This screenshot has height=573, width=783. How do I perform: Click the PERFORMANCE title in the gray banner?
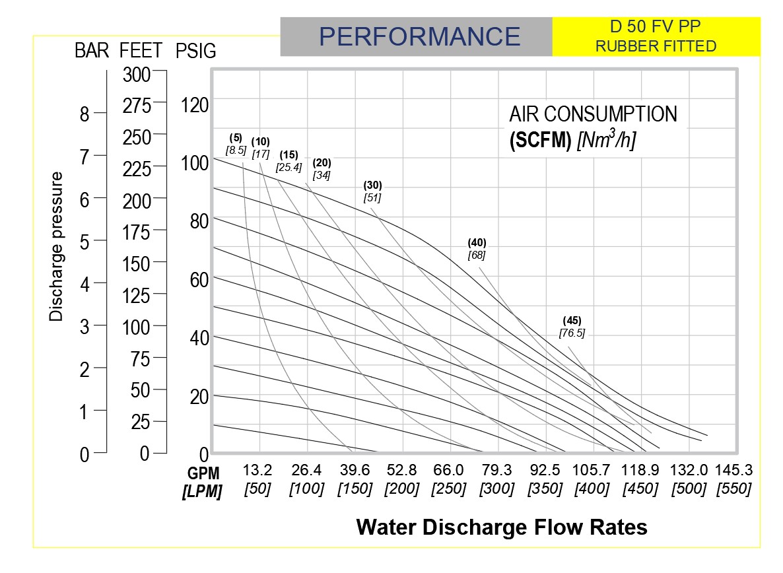pos(420,36)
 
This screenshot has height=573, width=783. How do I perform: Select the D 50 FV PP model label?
pos(656,28)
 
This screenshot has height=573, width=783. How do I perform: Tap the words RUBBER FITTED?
pos(656,46)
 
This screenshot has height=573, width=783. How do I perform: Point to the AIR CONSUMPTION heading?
pos(593,114)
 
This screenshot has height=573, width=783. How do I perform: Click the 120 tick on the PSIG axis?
pos(195,105)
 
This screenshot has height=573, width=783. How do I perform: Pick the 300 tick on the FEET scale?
pos(137,74)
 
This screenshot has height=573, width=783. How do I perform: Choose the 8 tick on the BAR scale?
pos(84,115)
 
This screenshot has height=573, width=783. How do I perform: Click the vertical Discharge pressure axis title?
pos(57,247)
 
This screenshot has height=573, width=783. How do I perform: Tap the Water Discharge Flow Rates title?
pos(502,527)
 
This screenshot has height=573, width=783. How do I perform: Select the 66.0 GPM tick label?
pos(449,471)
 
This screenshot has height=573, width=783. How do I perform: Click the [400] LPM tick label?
pos(592,489)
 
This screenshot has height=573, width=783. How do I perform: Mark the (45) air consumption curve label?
pos(572,321)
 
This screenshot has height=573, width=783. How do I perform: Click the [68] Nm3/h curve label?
pos(477,255)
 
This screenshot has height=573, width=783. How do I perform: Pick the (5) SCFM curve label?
pos(236,139)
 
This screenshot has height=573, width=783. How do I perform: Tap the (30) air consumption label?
pos(373,185)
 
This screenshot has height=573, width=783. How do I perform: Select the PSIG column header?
pos(196,51)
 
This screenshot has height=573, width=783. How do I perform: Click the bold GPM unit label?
pos(203,473)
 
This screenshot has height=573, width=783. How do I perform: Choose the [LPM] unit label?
pos(203,490)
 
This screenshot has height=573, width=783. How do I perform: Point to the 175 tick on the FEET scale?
pos(137,232)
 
